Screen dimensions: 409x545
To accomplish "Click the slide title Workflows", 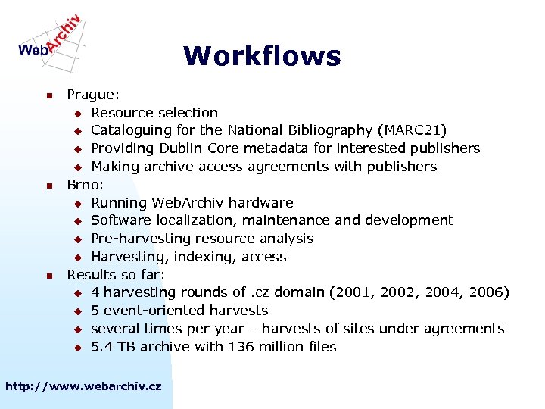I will click(262, 56).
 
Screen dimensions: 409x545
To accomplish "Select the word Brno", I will click(83, 184).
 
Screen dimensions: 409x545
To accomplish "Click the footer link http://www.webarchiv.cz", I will click(83, 386).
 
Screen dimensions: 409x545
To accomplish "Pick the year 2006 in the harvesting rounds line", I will click(489, 292).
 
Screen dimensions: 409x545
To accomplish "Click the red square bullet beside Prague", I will click(48, 95).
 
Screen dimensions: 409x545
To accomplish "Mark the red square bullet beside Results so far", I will click(48, 275).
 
